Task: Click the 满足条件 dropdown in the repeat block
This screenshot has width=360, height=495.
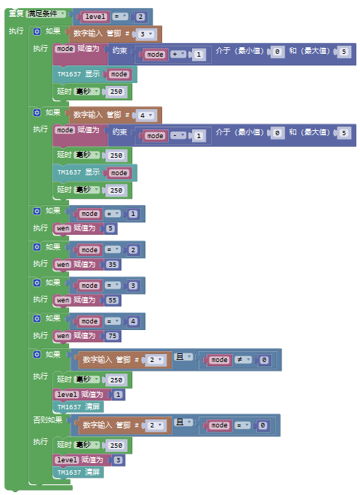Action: [x=46, y=14]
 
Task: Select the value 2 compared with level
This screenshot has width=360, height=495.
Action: [x=141, y=17]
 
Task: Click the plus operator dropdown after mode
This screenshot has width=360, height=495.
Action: [x=178, y=55]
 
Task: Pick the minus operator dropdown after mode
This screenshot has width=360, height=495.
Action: [x=178, y=136]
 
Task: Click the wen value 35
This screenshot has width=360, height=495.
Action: [x=113, y=265]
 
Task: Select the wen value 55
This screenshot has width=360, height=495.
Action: [x=113, y=300]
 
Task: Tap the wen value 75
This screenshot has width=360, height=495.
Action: [x=113, y=336]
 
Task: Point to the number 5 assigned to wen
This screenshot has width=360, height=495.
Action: [x=111, y=228]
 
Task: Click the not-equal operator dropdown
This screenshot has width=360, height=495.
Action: [x=243, y=360]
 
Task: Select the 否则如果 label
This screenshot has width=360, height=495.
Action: [x=48, y=420]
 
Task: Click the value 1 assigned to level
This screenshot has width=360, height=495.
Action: [x=118, y=395]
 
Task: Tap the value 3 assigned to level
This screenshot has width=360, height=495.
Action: [x=118, y=460]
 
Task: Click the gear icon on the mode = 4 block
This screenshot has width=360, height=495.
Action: [x=37, y=318]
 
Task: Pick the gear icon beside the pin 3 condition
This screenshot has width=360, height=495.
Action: [x=37, y=31]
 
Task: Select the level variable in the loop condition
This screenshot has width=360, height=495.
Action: [x=95, y=17]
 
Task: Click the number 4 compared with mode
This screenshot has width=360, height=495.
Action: [x=133, y=321]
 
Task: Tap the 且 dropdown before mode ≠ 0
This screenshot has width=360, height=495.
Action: [x=183, y=357]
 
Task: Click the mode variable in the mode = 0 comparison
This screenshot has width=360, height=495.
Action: [x=219, y=425]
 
